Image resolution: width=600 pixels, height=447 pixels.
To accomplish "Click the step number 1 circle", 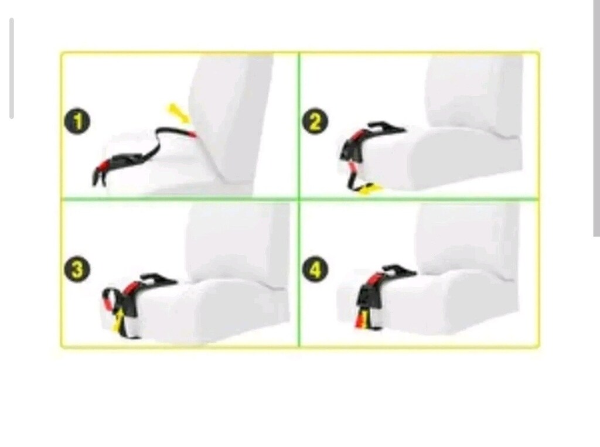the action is coord(77,122).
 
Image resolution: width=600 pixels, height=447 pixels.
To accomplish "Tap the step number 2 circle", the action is coord(315,122).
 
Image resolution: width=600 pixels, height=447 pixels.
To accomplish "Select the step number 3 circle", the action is coord(77,269).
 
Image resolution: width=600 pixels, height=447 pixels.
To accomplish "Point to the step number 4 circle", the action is coord(315,269).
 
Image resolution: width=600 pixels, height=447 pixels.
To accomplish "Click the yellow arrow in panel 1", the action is coord(179,112).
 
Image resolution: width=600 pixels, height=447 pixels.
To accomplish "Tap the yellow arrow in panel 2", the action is coord(369,189).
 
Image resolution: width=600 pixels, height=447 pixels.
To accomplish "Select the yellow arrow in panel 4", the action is coord(364,319).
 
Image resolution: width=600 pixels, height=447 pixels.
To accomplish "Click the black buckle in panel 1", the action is coord(127,160).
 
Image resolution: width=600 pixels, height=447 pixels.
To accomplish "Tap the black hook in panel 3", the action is coord(158,279).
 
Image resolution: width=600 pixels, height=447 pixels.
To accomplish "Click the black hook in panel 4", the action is coord(398,270).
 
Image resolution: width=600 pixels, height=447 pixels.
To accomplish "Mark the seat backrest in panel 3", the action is coord(237,241).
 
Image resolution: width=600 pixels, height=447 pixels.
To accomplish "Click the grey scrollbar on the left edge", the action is coord(12,68).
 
